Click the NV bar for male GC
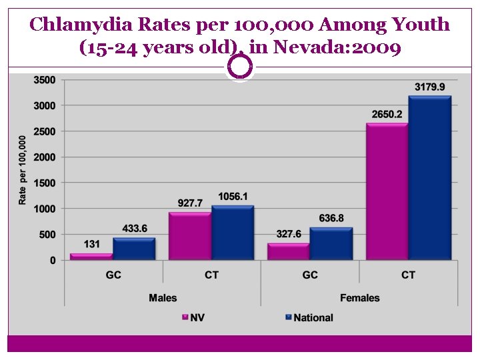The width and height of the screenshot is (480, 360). coord(91,257)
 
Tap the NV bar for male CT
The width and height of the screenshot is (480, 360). coord(190,237)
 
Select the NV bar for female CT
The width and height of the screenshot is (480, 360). coord(387,192)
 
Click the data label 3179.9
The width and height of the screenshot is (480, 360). coord(430,87)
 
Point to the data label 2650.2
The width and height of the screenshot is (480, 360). coord(387,115)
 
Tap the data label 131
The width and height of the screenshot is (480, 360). coord(91,245)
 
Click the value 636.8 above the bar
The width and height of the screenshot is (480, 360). coord(331,218)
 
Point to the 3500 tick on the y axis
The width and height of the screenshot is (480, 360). coord(45,80)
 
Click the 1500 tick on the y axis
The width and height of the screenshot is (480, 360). coord(45,183)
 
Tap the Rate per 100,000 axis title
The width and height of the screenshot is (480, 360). coord(23,170)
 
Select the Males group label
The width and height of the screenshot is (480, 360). coord(163,297)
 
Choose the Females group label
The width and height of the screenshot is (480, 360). coord(359,297)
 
